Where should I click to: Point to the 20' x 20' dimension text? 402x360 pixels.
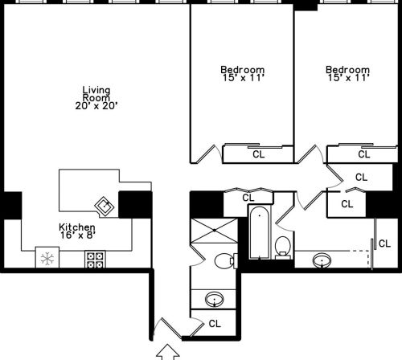96,105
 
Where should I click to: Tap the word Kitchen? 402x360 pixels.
77,227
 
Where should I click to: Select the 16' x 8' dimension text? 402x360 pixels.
77,236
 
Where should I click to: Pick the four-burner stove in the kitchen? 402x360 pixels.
95,260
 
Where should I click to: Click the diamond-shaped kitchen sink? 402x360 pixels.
105,206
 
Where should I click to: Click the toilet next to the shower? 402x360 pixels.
226,260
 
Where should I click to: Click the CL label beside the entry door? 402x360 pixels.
215,324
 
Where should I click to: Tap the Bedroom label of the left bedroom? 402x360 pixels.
243,69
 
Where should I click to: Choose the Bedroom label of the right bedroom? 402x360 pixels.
347,69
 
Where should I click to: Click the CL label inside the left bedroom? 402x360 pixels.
258,154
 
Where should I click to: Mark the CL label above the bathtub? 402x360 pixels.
248,197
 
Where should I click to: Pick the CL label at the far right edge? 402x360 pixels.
384,243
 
